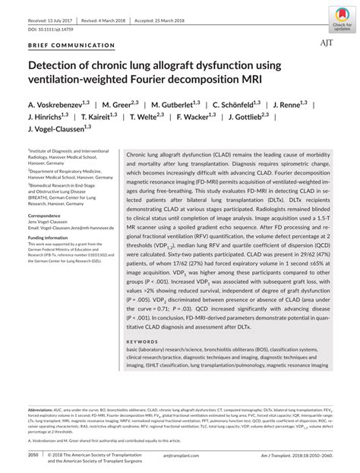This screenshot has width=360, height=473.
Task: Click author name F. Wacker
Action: coord(200,118)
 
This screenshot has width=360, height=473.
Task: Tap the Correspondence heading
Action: coord(46,215)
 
